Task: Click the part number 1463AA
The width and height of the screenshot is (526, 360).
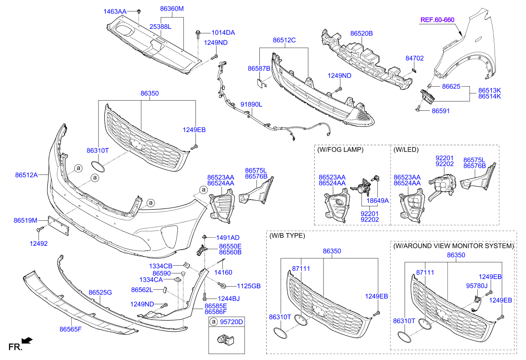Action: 115,11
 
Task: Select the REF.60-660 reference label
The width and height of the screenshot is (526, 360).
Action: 437,20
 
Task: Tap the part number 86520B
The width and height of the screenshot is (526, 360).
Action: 361,33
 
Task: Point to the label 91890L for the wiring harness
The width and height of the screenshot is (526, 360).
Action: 251,104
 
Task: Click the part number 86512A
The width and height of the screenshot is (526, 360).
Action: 26,174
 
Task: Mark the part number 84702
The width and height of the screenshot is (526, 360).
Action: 414,58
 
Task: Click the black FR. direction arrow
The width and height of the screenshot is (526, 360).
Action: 27,340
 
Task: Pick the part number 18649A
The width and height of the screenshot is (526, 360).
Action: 378,200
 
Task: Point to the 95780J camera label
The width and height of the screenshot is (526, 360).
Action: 476,286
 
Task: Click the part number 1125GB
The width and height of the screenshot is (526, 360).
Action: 249,286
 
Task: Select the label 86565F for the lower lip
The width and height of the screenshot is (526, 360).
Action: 70,329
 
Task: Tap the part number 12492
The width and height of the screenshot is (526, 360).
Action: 38,244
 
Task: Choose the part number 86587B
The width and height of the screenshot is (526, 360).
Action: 259,68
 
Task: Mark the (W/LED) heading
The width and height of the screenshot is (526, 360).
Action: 406,149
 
